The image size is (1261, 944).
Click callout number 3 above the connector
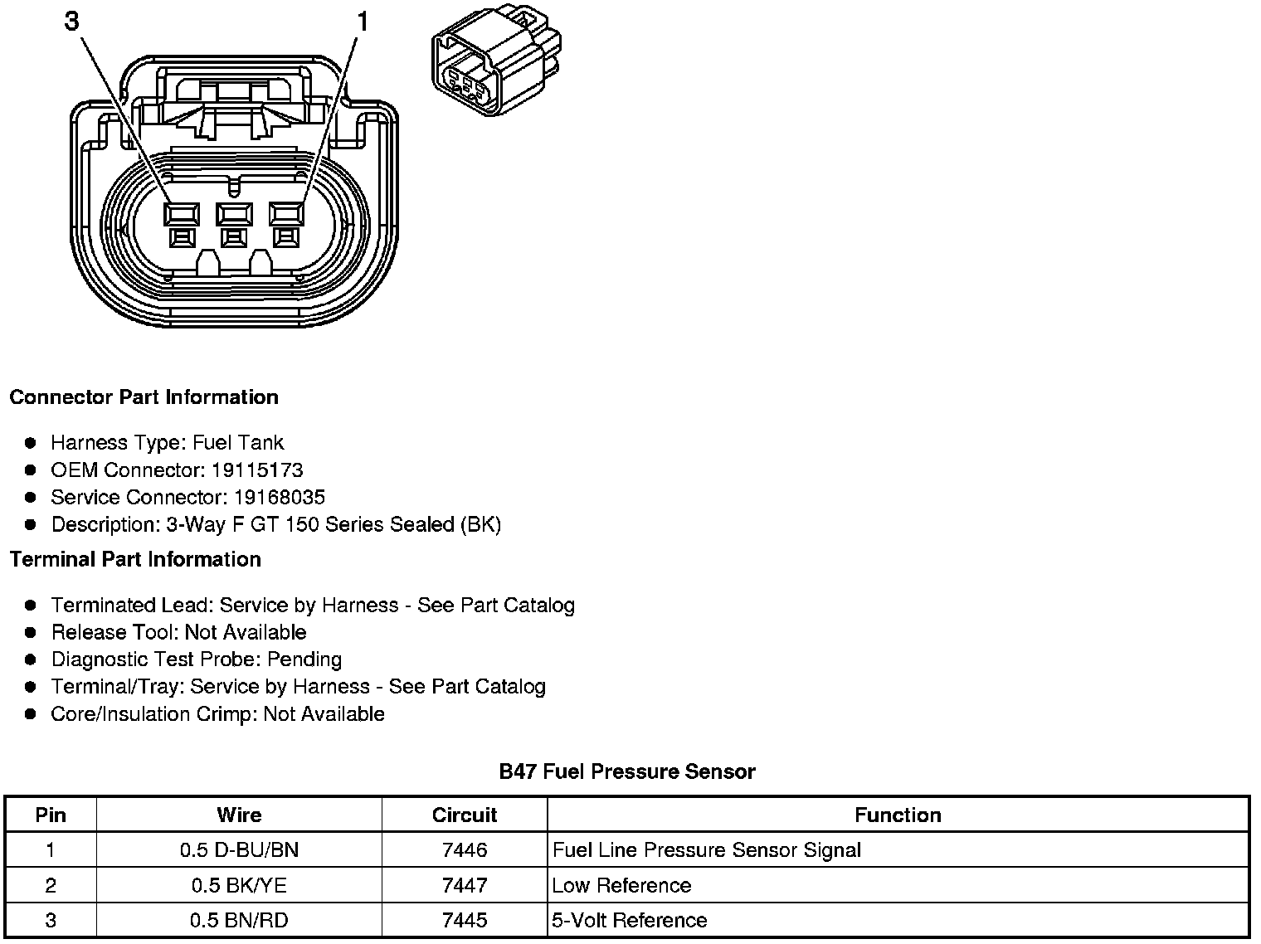click(x=72, y=22)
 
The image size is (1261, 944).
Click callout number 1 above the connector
click(x=362, y=22)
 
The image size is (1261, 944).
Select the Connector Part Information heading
click(x=144, y=397)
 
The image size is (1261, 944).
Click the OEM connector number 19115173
click(x=256, y=470)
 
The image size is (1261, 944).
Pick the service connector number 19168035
click(x=279, y=498)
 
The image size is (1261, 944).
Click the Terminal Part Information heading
click(x=135, y=560)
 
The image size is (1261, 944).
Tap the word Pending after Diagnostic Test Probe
click(x=304, y=659)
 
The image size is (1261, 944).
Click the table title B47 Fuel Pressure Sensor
click(x=627, y=772)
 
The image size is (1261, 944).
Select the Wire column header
click(x=239, y=815)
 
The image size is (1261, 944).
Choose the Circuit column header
click(x=465, y=815)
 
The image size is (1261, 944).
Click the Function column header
click(x=898, y=815)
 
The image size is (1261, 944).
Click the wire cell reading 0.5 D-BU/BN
click(x=239, y=850)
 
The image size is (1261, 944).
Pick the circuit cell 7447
click(x=465, y=886)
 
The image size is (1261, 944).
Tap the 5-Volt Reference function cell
click(x=630, y=921)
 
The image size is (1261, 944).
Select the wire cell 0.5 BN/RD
click(x=239, y=921)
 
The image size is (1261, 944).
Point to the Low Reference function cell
click(x=621, y=886)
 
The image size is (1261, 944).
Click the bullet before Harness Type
click(x=31, y=443)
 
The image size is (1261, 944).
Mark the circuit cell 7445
click(x=465, y=921)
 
